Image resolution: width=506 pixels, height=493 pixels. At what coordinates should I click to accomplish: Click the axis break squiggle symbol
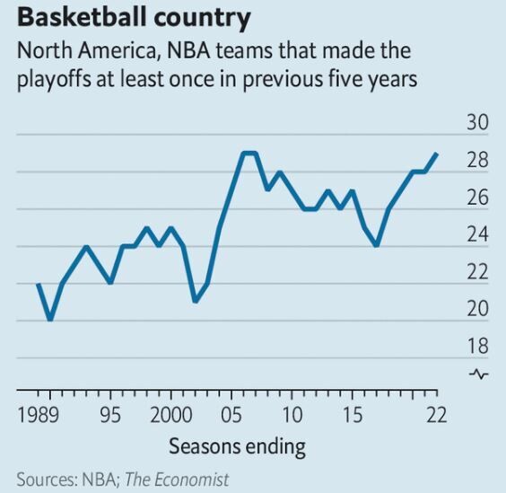click(x=480, y=374)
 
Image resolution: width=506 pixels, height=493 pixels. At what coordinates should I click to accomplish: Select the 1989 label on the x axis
click(x=41, y=415)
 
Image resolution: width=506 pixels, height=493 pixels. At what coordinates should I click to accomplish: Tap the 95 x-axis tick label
click(x=110, y=415)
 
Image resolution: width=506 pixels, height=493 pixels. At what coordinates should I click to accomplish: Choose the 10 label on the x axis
click(x=291, y=415)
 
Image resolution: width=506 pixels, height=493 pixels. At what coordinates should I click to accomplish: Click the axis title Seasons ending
click(x=237, y=446)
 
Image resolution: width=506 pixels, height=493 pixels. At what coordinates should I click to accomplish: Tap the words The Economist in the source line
click(x=176, y=480)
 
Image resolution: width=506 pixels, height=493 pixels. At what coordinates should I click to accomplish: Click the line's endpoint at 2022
click(x=437, y=153)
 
